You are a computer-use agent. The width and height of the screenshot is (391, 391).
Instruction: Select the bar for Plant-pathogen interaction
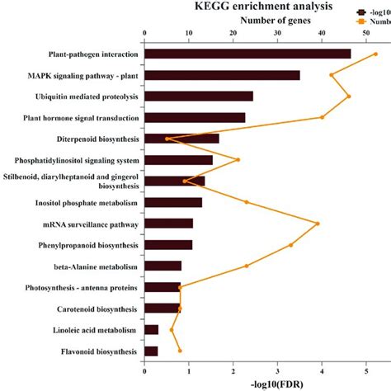coord(247,54)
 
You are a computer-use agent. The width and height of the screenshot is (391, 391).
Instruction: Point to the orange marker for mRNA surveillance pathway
coord(318,224)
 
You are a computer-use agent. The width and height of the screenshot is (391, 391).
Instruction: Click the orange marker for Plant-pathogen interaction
coord(376,54)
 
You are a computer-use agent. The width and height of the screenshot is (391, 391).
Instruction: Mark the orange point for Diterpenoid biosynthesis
coord(167,139)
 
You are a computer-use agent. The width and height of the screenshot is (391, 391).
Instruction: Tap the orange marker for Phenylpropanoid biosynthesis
coord(290,245)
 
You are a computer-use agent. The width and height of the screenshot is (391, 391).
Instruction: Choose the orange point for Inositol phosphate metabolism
coord(246,202)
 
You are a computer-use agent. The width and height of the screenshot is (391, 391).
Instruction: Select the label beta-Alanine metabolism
coord(92,266)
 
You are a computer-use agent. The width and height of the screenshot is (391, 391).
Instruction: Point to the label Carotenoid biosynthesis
coord(92,309)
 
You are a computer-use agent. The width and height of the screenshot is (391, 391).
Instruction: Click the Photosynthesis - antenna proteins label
coord(81,288)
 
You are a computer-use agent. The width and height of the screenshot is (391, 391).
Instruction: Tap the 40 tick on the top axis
coord(322,34)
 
